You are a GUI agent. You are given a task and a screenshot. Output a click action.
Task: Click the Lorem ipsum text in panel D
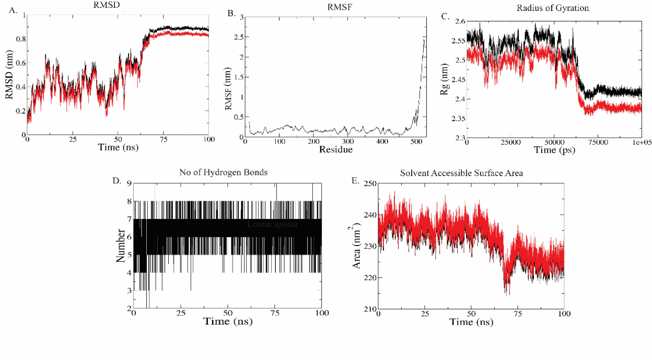point(272,224)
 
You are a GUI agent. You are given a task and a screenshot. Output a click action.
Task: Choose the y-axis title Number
point(120,246)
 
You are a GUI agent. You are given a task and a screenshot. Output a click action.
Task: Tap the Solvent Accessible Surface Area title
point(469,173)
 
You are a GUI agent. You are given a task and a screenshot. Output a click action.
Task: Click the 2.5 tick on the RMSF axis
point(240,37)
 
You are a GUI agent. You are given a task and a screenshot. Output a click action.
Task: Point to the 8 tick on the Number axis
point(129,201)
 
